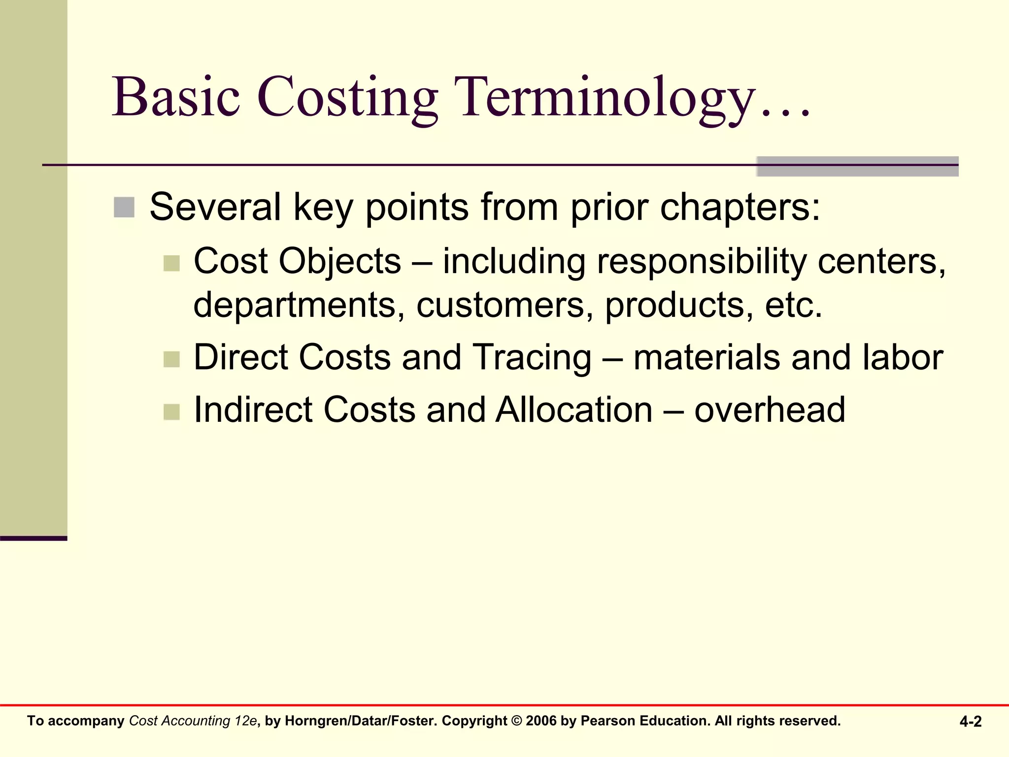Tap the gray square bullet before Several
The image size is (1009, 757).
point(124,207)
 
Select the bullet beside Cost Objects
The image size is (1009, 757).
point(171,263)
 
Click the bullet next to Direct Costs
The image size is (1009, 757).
point(171,359)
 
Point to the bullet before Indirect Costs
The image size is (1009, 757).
point(171,412)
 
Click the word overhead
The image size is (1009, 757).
point(770,410)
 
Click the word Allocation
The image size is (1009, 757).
point(574,410)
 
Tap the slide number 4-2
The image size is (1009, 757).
point(970,722)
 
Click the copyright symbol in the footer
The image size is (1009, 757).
point(516,721)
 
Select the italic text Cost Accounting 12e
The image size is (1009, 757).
point(193,721)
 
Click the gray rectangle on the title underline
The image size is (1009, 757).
point(857,167)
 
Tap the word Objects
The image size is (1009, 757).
point(340,261)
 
